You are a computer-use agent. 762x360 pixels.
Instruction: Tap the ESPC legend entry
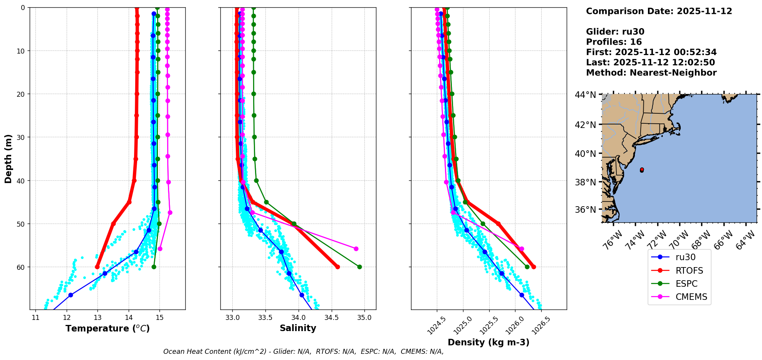coord(680,284)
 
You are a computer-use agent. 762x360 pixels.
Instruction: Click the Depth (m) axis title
coord(8,158)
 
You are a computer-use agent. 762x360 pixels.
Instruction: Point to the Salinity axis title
coord(298,328)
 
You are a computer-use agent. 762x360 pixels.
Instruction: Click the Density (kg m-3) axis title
coord(488,342)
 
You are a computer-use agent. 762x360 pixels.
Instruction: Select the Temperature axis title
coord(107,328)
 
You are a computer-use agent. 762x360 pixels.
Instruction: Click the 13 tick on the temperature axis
coord(97,318)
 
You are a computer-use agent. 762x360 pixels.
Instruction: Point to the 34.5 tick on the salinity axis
coord(331,318)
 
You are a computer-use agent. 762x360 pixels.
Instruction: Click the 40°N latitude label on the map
coord(585,154)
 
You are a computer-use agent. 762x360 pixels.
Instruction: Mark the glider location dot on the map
coord(642,170)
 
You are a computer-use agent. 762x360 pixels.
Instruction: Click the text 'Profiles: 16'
coord(614,42)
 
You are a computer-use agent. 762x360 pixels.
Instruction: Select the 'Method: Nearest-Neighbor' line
coord(651,73)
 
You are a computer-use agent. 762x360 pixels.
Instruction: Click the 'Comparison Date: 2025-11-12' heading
coord(659,11)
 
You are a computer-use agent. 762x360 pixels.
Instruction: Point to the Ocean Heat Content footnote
coord(303,352)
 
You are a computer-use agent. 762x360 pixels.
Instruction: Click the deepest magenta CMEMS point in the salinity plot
coord(356,249)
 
